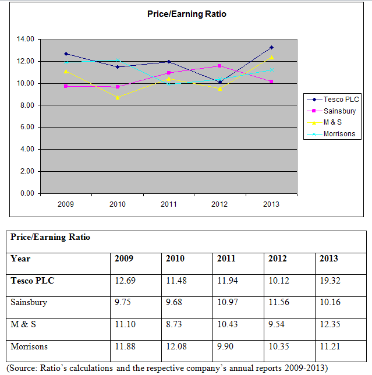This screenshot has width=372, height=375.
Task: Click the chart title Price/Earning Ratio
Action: (x=186, y=14)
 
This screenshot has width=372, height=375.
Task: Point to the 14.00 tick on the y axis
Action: (x=26, y=39)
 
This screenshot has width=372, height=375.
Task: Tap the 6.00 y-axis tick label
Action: (x=27, y=127)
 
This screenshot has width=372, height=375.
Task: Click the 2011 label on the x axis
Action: (x=169, y=204)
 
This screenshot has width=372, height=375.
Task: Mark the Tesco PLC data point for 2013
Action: (x=271, y=47)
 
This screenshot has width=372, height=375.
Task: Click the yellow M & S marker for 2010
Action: (x=118, y=97)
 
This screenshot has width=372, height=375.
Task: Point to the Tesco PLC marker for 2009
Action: (x=66, y=54)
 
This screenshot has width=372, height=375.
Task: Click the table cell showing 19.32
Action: (x=330, y=281)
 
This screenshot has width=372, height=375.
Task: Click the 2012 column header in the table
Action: (x=278, y=259)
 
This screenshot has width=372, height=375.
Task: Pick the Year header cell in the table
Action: (x=20, y=259)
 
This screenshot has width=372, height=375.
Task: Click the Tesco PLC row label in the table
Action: (x=33, y=281)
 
